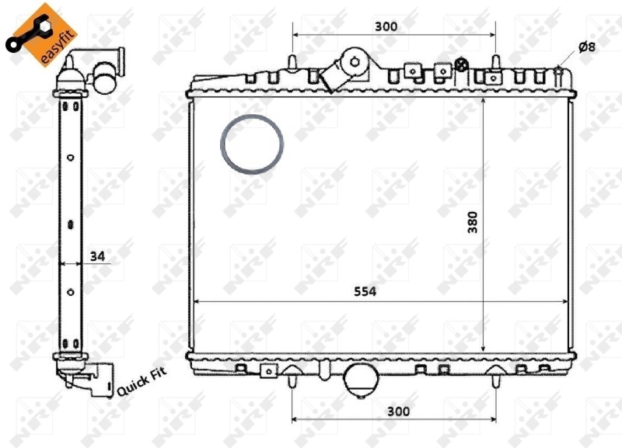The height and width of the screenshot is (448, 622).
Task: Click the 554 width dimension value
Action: click(x=365, y=291)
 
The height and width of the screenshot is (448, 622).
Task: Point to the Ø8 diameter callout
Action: click(x=586, y=47)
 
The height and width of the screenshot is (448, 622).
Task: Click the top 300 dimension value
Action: click(x=386, y=26)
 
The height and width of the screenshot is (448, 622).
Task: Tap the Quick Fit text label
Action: click(x=142, y=383)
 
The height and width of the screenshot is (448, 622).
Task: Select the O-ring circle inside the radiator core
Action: click(x=252, y=143)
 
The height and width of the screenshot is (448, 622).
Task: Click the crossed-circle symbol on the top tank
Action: click(x=463, y=65)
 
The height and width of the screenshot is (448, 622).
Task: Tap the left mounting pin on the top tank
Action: click(x=292, y=62)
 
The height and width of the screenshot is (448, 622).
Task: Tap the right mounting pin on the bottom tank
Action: click(x=495, y=380)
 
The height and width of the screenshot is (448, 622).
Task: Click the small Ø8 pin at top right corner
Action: click(x=558, y=74)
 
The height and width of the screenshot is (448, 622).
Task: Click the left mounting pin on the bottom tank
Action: click(x=292, y=380)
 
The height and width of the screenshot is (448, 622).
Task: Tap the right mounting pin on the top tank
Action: click(x=496, y=62)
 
